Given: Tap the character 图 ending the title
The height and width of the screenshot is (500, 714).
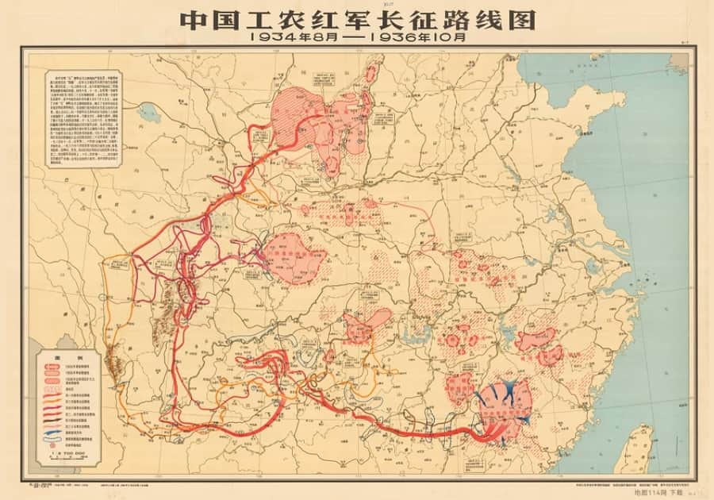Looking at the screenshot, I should [520, 18].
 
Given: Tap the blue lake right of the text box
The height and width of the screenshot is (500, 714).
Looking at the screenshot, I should [147, 111].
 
